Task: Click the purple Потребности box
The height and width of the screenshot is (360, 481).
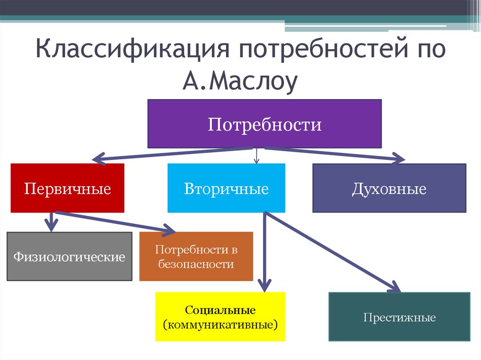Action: tap(264, 124)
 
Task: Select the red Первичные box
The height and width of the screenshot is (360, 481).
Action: tap(68, 188)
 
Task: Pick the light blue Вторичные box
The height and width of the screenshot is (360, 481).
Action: tap(226, 188)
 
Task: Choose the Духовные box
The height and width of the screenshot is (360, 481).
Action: tap(389, 188)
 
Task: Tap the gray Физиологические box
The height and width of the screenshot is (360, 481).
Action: tap(69, 256)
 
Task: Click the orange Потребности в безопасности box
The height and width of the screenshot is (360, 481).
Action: tap(196, 256)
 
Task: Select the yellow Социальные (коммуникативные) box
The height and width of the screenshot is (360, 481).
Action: tap(220, 317)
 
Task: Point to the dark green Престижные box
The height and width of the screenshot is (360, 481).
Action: tap(399, 317)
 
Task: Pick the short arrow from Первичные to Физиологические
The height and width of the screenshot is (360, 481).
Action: tap(51, 221)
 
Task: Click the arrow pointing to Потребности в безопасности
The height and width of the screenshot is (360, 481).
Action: tap(117, 222)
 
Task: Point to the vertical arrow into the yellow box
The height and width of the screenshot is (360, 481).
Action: tap(264, 253)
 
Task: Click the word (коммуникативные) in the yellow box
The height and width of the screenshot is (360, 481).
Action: tap(220, 324)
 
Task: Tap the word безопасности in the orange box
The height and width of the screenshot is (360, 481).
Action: tap(196, 264)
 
